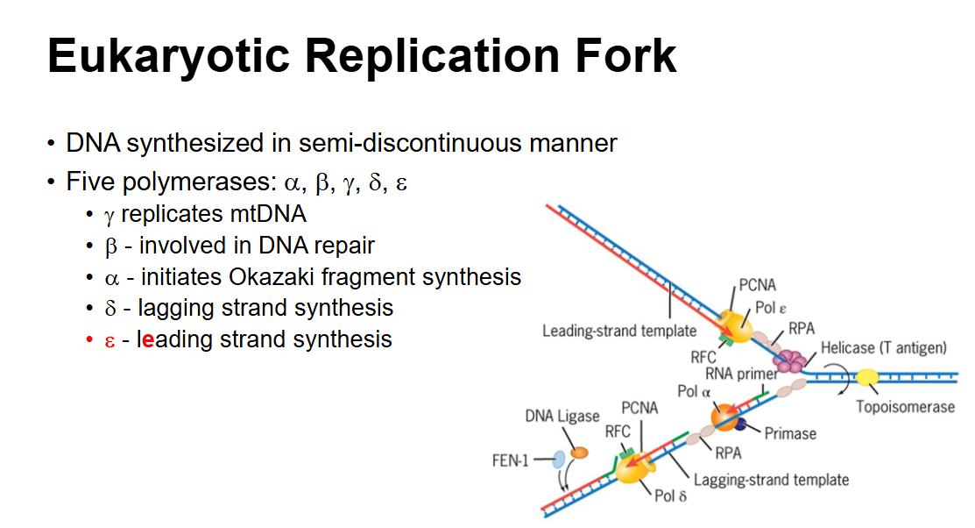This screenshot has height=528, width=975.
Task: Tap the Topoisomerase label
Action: [905, 408]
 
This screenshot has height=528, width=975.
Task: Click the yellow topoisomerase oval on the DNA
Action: [868, 377]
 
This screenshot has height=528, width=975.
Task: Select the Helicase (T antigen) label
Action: [883, 348]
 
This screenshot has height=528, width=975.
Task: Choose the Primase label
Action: [790, 433]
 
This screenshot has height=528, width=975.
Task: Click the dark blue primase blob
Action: [744, 425]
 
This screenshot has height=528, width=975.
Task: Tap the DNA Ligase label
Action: [562, 417]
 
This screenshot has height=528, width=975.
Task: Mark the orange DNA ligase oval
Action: [579, 453]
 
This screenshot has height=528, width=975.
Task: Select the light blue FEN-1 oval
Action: [558, 460]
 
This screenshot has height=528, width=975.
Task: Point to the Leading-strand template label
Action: [619, 331]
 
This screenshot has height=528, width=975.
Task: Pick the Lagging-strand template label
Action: [771, 480]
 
